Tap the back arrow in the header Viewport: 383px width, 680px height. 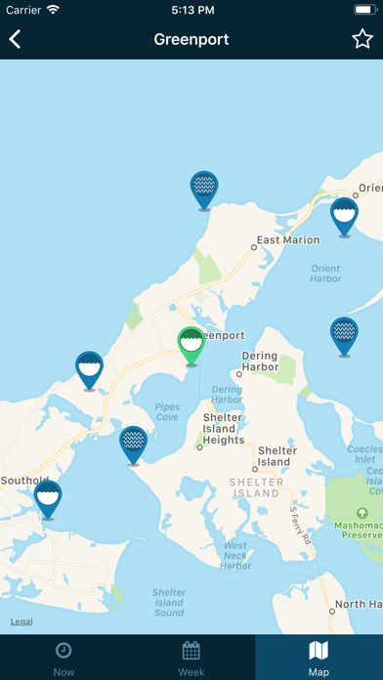point(16,39)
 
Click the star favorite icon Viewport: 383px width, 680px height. point(362,39)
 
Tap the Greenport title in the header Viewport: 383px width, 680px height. point(191,39)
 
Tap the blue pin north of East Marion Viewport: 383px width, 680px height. point(203,188)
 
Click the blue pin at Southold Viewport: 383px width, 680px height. point(48,497)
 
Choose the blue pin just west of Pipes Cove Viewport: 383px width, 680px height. point(133,443)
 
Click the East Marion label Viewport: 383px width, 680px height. point(287,240)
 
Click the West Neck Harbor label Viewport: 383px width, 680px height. point(235,555)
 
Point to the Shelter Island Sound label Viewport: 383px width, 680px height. point(168,602)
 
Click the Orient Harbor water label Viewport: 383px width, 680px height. point(325,274)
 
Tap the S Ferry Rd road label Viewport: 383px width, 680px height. point(298,524)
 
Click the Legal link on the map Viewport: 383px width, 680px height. point(21,621)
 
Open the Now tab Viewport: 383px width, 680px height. point(64,658)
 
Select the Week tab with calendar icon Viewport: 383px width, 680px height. point(191,658)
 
